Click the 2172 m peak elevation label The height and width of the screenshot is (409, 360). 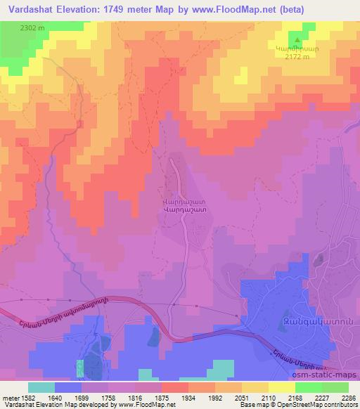click(298, 57)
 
